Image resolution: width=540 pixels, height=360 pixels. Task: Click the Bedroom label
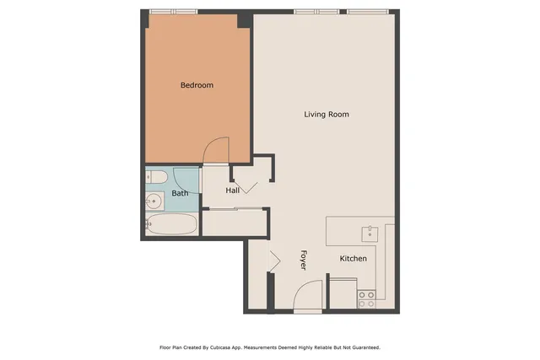click(x=197, y=85)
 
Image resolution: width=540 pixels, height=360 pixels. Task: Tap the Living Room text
click(x=327, y=114)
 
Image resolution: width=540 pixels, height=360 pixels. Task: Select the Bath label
click(x=181, y=193)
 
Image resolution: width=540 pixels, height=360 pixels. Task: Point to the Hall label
click(x=233, y=191)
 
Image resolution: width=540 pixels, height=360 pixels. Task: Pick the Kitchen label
click(x=353, y=258)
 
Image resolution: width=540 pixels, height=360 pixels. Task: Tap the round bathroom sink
click(x=154, y=201)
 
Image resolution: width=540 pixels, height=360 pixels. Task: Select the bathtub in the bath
click(x=171, y=225)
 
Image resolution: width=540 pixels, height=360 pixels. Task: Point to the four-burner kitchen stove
click(x=366, y=298)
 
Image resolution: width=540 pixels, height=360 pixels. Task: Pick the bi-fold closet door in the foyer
click(x=273, y=261)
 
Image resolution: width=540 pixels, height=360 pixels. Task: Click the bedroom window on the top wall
click(x=173, y=12)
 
